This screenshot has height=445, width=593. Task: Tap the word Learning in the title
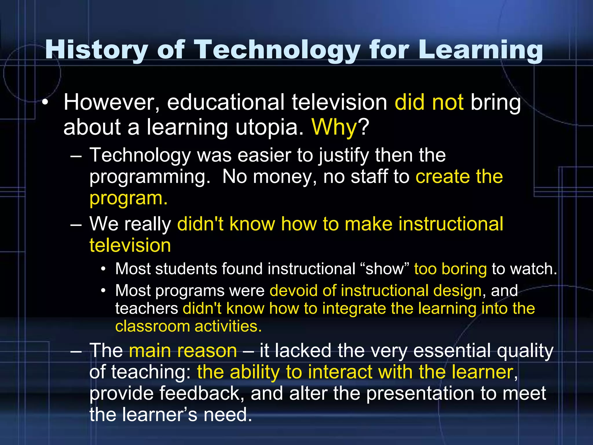pyautogui.click(x=481, y=50)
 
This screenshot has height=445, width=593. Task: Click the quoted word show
pyautogui.click(x=385, y=269)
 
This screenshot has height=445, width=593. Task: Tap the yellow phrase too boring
pyautogui.click(x=450, y=269)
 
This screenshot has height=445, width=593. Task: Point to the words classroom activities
pyautogui.click(x=188, y=326)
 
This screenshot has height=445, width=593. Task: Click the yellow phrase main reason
pyautogui.click(x=183, y=351)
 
